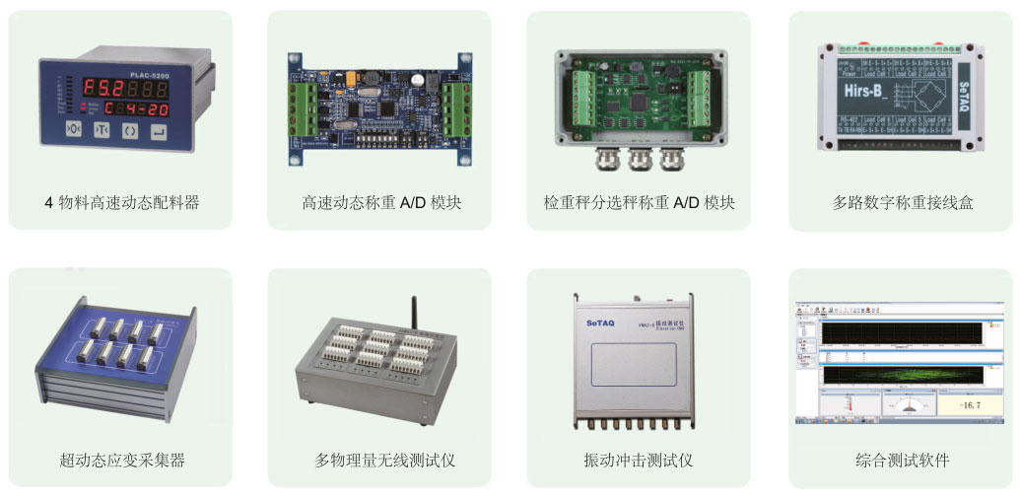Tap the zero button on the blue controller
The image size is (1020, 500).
pyautogui.click(x=72, y=130)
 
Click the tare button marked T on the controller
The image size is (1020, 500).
pyautogui.click(x=102, y=130)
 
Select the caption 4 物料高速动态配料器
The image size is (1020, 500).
pyautogui.click(x=122, y=203)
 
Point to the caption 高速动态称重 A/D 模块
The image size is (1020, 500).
pyautogui.click(x=381, y=203)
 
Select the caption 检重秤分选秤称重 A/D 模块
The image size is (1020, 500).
pyautogui.click(x=639, y=203)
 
